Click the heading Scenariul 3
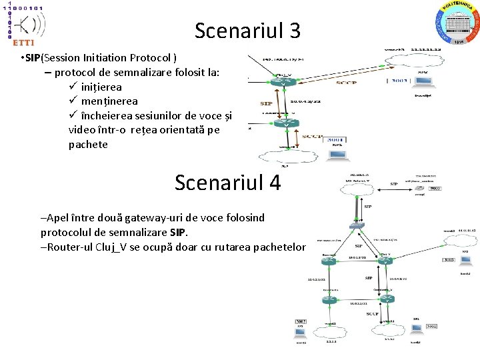pyautogui.click(x=247, y=30)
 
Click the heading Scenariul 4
pyautogui.click(x=227, y=183)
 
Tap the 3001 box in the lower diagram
pyautogui.click(x=431, y=326)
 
